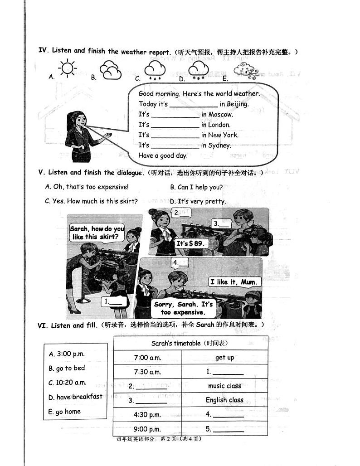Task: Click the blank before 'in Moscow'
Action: [175, 115]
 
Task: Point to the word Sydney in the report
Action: [219, 146]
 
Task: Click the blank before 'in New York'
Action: [175, 135]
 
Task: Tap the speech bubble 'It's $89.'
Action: [190, 243]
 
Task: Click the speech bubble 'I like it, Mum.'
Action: [234, 282]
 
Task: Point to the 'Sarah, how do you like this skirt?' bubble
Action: [97, 233]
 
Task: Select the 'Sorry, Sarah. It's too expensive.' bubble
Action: [183, 308]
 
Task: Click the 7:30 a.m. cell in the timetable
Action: [147, 372]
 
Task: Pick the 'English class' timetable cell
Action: [224, 400]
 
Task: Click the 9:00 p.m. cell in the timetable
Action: [147, 428]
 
